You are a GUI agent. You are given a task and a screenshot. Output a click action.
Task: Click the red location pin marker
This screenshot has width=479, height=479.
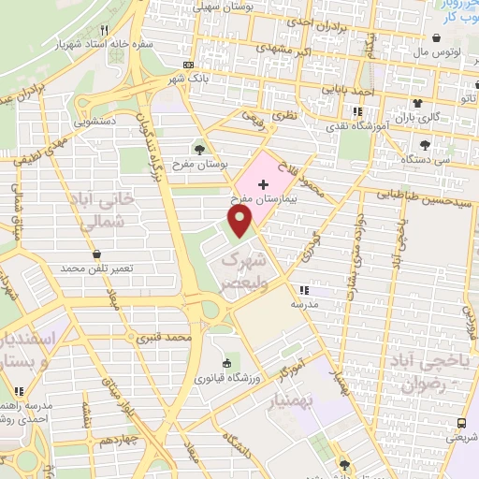click(240, 221)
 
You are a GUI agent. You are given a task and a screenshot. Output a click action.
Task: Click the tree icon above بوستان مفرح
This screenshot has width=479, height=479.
click(198, 148)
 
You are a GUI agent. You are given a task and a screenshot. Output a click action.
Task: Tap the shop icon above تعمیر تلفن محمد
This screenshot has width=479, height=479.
click(97, 253)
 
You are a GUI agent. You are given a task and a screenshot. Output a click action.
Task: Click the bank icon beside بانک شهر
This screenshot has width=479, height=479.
click(190, 65)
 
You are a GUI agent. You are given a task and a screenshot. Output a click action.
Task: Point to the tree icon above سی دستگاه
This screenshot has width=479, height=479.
click(426, 144)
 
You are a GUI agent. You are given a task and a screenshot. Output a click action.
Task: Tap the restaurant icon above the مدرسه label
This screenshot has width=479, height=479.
click(300, 290)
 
